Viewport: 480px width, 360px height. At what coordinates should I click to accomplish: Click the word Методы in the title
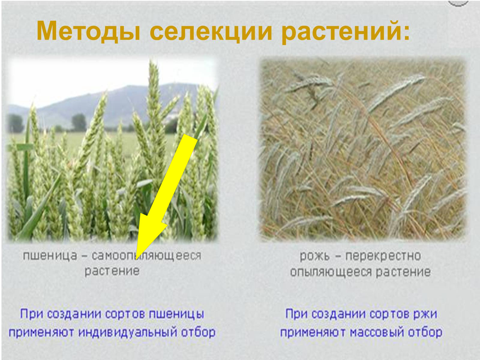point(88,31)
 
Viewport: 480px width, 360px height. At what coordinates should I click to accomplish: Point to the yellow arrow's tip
point(136,259)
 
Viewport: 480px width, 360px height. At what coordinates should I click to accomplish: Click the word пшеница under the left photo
point(50,256)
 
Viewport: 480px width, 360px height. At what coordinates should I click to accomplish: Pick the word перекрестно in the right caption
point(383,256)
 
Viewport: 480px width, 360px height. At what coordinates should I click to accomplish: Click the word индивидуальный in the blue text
point(128,332)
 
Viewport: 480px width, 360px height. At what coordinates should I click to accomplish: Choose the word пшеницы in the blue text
point(176,314)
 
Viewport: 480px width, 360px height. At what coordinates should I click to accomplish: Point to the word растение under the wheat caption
point(112,271)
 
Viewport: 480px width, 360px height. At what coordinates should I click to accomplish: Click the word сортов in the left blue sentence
point(125,314)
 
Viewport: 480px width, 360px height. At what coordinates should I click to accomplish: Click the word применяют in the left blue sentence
point(41,332)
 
